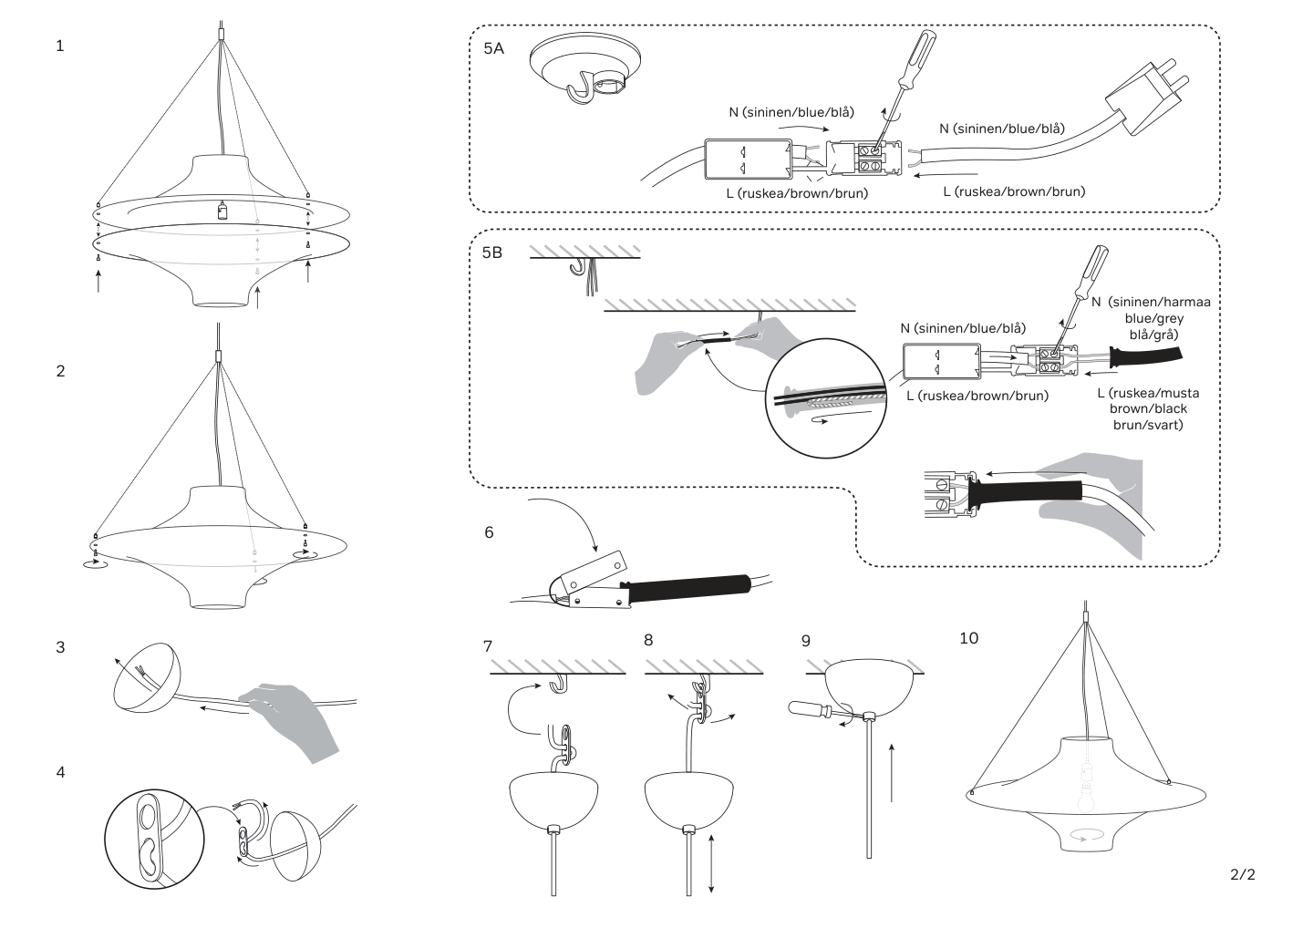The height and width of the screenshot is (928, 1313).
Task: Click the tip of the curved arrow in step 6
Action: pos(596,552)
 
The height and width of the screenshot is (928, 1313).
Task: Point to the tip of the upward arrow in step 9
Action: pos(891,744)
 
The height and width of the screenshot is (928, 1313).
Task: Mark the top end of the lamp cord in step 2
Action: pos(218,323)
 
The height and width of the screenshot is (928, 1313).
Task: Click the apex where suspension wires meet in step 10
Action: pos(1086,624)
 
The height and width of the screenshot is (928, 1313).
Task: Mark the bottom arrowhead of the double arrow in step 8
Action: pos(711,892)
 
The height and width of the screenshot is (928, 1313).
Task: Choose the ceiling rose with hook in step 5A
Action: pos(585,70)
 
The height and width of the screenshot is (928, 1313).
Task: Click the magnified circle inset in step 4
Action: pos(155,838)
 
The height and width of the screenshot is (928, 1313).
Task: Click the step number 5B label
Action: pos(491,253)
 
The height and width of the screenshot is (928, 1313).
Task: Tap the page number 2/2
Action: pos(1243,875)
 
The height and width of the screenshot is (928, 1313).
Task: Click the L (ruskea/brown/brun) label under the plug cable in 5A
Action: pos(1014,191)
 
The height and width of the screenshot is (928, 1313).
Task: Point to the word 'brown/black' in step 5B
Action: pos(1148,409)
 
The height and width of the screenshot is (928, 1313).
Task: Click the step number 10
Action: pos(969,638)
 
